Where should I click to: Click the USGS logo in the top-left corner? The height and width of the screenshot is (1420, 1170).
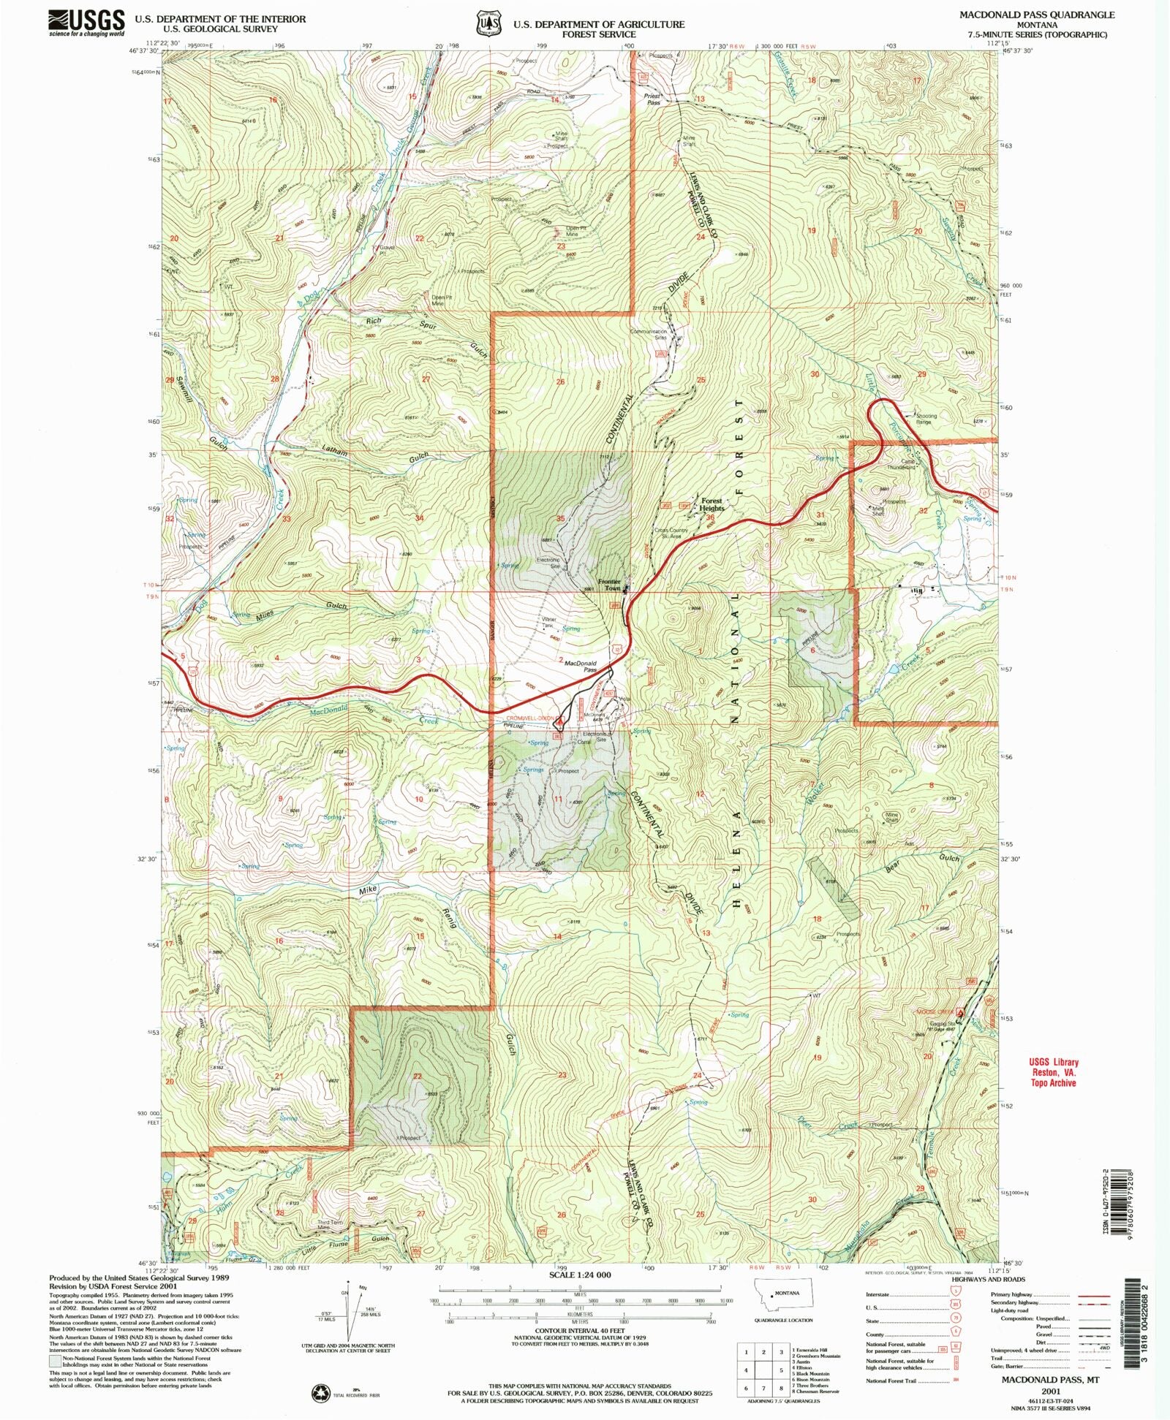tap(86, 23)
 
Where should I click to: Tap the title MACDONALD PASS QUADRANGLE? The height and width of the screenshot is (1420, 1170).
tap(1036, 15)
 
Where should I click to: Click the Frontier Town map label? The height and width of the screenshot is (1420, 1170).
tap(609, 585)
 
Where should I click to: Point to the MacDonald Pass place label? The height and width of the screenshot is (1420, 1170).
tap(581, 666)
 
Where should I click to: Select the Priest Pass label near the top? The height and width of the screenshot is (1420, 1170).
tap(653, 99)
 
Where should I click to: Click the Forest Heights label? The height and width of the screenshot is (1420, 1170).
tap(712, 505)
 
